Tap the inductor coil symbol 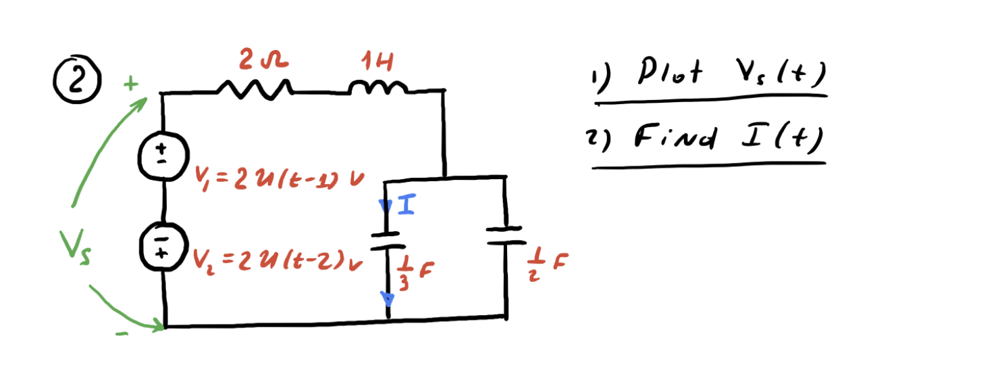click(x=378, y=88)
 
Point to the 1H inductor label click(x=377, y=64)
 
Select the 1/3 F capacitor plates click(x=387, y=241)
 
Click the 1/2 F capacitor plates click(x=505, y=235)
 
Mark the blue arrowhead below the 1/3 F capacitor click(x=388, y=298)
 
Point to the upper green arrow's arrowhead click(x=143, y=102)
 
